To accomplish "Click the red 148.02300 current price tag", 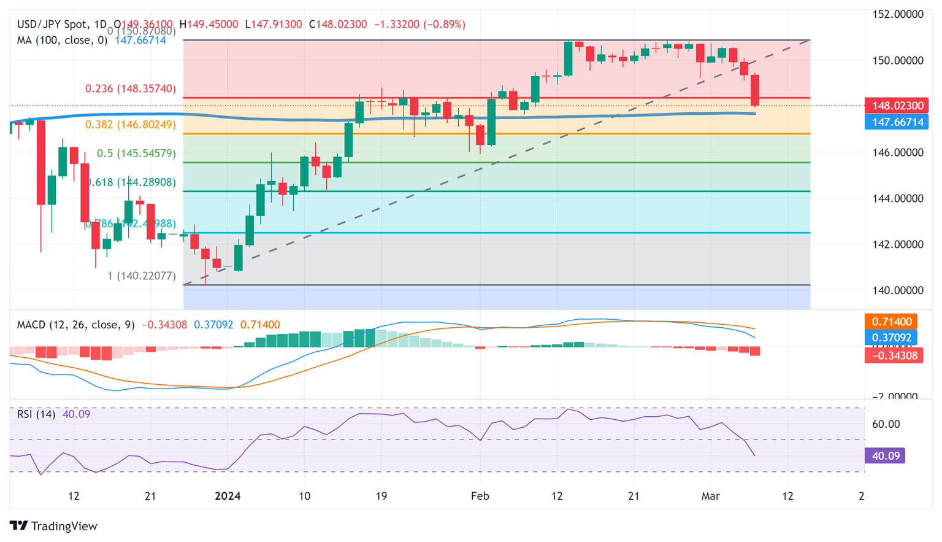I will coord(897,106).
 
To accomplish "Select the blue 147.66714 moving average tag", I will coord(897,122).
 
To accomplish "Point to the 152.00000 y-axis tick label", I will coord(897,14).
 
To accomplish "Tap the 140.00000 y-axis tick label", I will coord(897,290).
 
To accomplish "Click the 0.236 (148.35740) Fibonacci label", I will coord(130,88).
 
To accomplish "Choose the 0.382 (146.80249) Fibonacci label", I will coord(130,125).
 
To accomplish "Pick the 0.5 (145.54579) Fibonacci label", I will coord(136,153).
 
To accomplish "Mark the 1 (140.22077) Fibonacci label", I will coord(141,276).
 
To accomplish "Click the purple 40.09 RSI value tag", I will coord(884,455).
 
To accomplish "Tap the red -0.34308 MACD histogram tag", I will coord(894,355).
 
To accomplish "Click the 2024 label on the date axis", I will coord(228,496).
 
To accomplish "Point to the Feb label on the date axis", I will coord(480,496).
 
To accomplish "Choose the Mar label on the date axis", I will coord(710,496).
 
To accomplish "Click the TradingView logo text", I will coord(64,526).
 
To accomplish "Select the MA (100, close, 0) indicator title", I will coord(62,40).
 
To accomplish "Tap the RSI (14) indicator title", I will coord(36,414).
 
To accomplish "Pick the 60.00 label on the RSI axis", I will coord(886,424).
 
